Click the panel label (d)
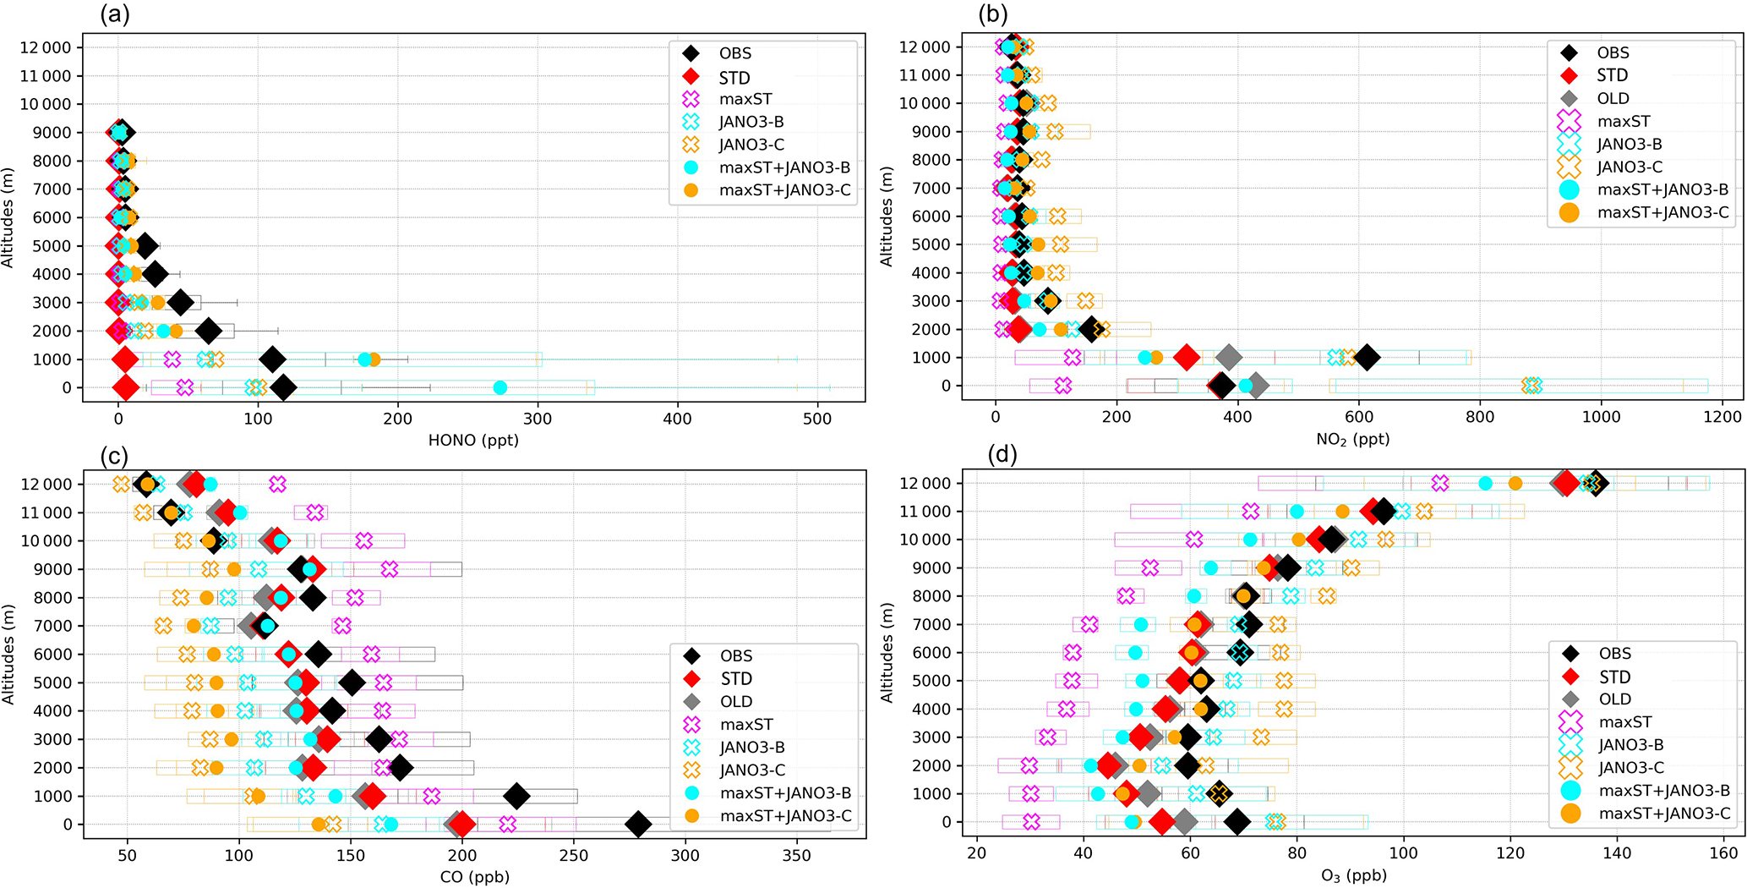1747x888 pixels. click(x=1002, y=455)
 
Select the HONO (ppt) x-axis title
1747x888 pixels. click(x=473, y=440)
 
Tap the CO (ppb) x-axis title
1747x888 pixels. click(x=474, y=877)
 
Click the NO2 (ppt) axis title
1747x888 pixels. click(x=1352, y=439)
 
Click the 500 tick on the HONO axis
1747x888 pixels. click(x=817, y=418)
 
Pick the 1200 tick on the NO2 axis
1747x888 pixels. click(x=1722, y=417)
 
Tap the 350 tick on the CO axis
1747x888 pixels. click(x=797, y=855)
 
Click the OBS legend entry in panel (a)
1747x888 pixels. click(x=734, y=53)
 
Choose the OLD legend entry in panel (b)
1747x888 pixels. click(x=1613, y=98)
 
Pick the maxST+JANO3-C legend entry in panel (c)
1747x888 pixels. click(x=785, y=816)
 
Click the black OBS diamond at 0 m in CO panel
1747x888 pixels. click(x=638, y=825)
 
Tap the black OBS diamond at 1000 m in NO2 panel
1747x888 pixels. click(x=1367, y=358)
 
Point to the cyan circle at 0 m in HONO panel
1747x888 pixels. click(x=500, y=388)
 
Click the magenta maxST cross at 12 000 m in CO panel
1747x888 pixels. click(x=277, y=485)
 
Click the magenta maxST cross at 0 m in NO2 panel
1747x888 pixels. click(x=1063, y=386)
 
